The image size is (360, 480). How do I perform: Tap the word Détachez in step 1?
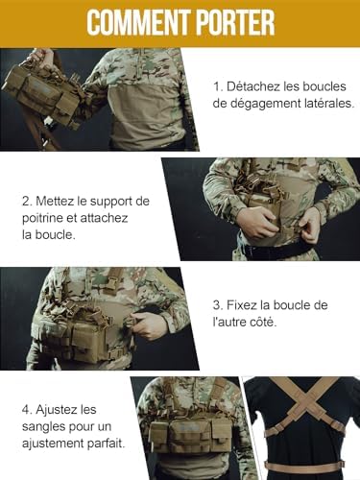pyautogui.click(x=252, y=85)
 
